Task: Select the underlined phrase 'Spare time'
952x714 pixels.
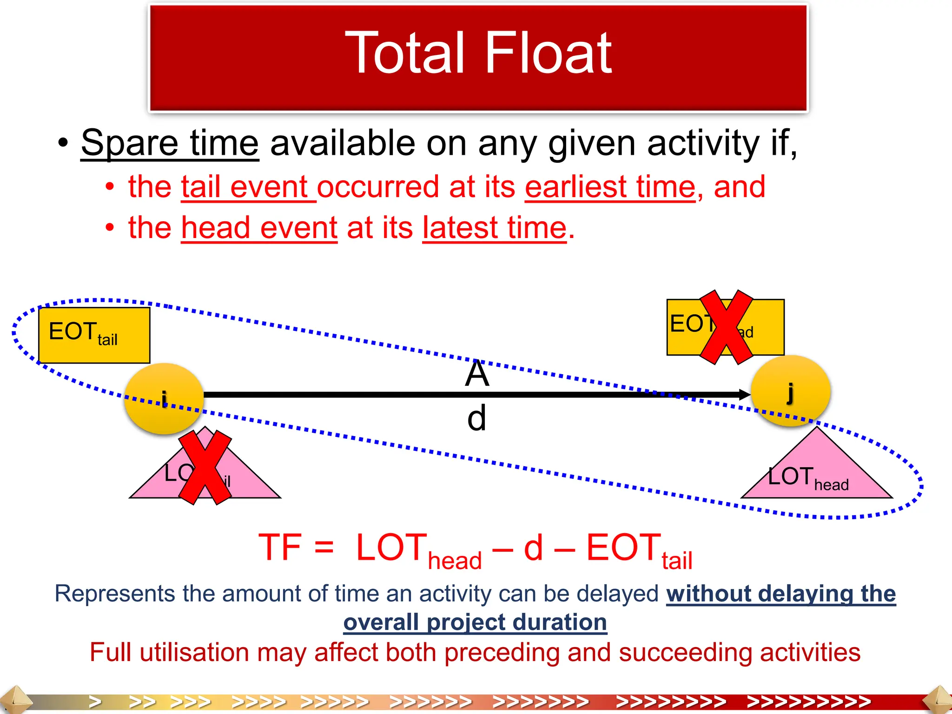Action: click(x=170, y=143)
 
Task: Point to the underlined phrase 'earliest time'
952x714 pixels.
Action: click(x=610, y=187)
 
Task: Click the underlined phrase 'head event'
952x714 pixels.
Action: click(x=259, y=228)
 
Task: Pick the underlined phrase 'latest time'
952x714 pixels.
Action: click(x=495, y=228)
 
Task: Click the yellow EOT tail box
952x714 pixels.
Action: click(x=94, y=335)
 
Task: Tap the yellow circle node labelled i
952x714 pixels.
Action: click(x=164, y=399)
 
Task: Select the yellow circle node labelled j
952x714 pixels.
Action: click(x=790, y=390)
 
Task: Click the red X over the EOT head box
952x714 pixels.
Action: click(x=726, y=327)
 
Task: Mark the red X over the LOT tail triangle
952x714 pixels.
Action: click(x=205, y=467)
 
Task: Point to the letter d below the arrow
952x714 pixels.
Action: click(x=477, y=418)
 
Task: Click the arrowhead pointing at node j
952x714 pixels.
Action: click(x=743, y=395)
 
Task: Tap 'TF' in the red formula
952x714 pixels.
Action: click(x=280, y=548)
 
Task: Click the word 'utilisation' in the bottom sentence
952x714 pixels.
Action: click(x=194, y=652)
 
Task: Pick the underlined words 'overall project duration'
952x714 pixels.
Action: click(x=475, y=622)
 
